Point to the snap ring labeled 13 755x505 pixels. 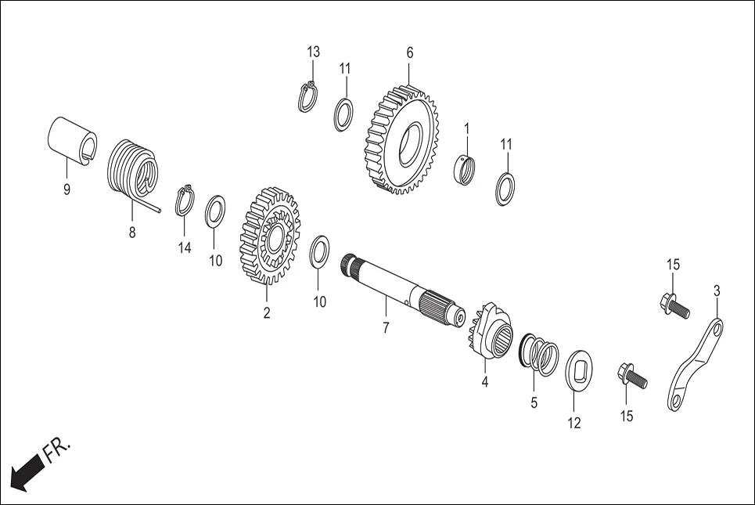308,97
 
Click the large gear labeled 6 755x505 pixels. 401,141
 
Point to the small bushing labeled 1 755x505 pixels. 466,168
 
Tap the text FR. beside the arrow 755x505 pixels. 59,452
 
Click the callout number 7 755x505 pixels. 385,328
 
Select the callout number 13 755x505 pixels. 313,52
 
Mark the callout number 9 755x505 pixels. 66,189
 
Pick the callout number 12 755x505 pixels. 574,423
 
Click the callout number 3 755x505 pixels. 717,290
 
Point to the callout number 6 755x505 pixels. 409,52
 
